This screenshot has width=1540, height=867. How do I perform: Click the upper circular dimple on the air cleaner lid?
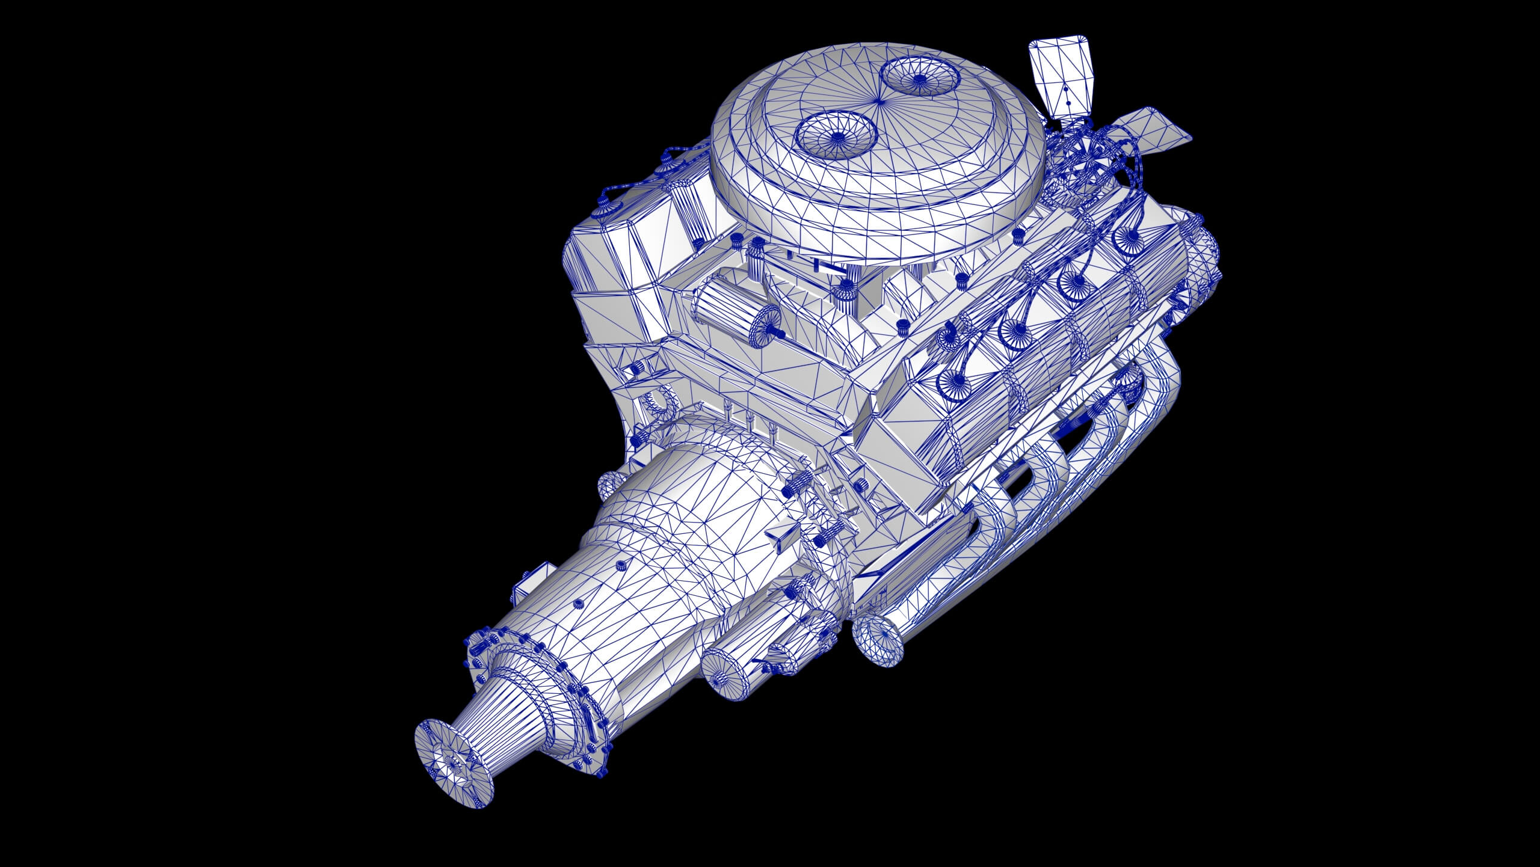tap(919, 78)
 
